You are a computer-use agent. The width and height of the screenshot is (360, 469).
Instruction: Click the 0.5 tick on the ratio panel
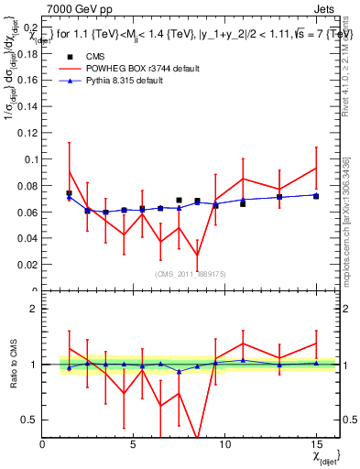click(x=29, y=420)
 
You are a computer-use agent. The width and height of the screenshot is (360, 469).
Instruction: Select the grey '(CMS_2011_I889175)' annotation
click(x=190, y=275)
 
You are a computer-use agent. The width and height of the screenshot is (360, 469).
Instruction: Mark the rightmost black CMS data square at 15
click(x=315, y=196)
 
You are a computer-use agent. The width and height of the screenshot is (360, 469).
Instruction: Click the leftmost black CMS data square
click(x=69, y=193)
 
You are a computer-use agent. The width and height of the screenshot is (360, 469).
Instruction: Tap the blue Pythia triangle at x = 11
click(x=243, y=200)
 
